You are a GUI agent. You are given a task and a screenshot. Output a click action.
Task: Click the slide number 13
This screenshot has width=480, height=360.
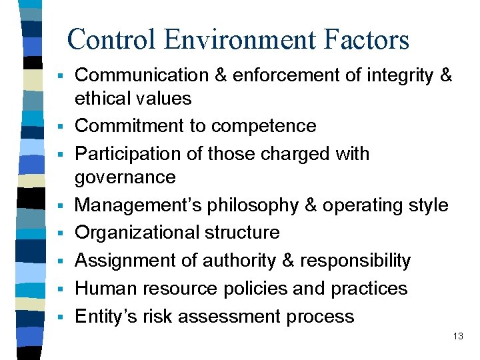457,337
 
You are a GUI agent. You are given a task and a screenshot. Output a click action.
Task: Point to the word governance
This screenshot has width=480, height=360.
125,177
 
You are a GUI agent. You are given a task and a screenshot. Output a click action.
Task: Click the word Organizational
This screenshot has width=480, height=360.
137,233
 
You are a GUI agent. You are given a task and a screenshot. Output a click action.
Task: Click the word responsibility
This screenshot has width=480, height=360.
355,260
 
